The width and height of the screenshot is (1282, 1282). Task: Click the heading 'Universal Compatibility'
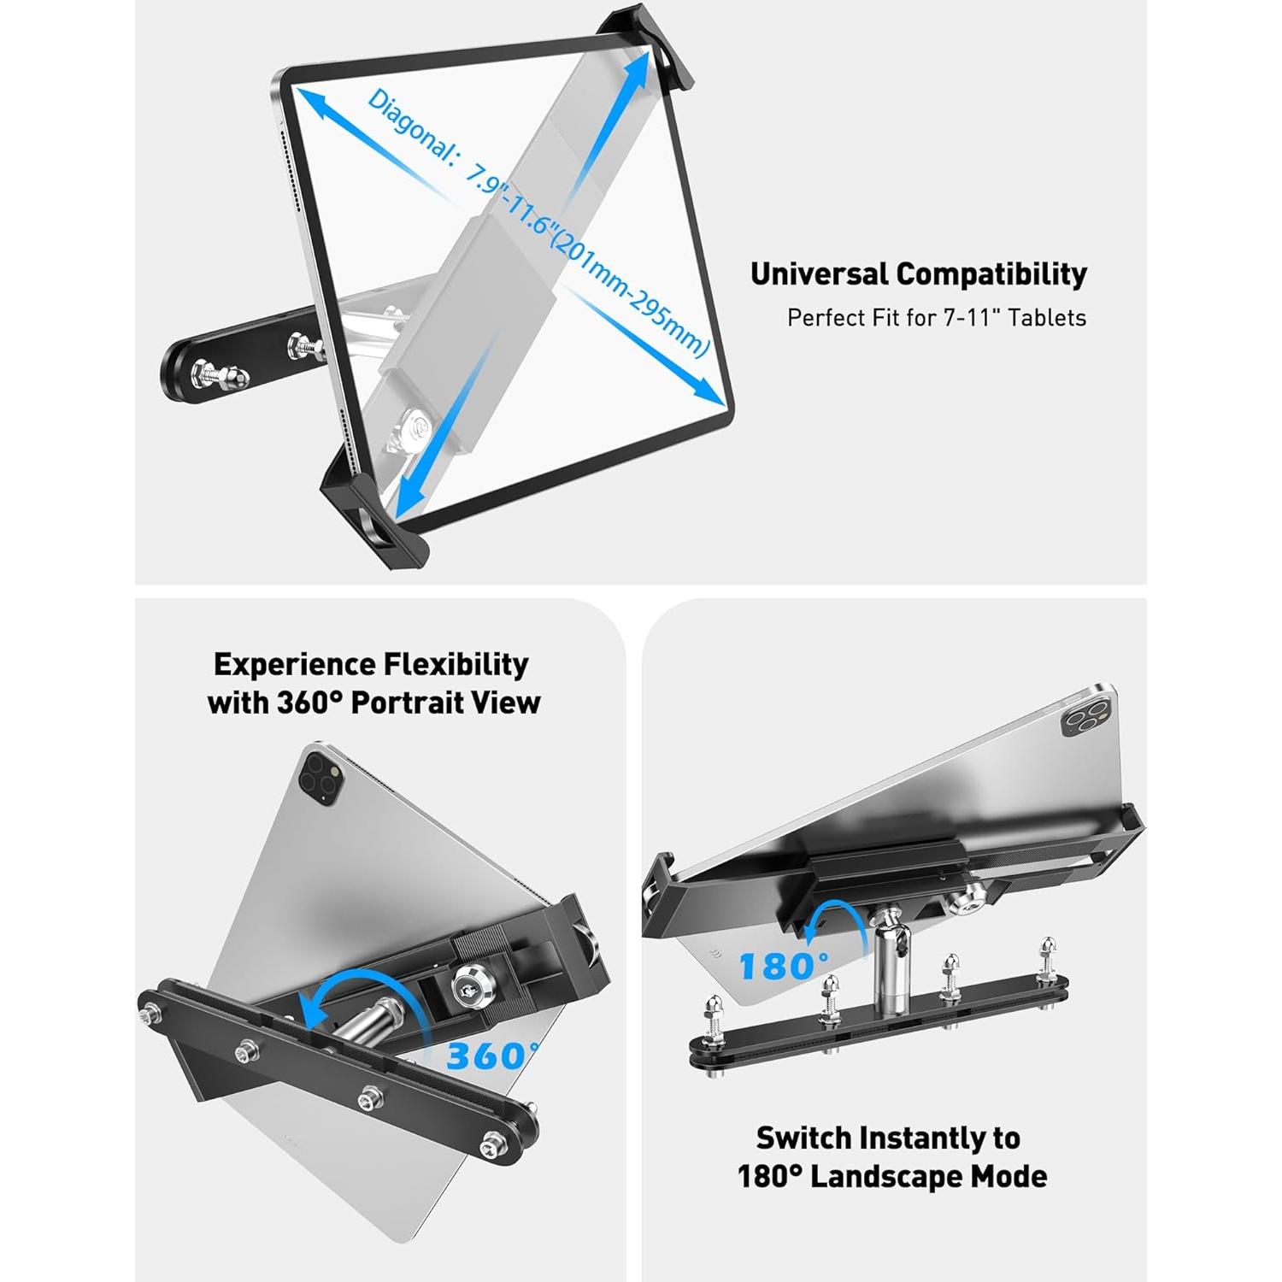pyautogui.click(x=918, y=274)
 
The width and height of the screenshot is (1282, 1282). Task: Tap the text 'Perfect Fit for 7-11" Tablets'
pyautogui.click(x=936, y=318)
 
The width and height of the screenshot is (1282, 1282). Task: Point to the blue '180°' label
pyautogui.click(x=781, y=967)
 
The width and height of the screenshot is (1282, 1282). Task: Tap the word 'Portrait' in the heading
pyautogui.click(x=407, y=703)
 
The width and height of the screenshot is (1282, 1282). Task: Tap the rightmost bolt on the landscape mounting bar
pyautogui.click(x=1048, y=957)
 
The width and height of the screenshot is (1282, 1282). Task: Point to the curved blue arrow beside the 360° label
pyautogui.click(x=342, y=1004)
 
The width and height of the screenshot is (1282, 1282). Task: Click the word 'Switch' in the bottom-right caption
pyautogui.click(x=803, y=1138)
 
